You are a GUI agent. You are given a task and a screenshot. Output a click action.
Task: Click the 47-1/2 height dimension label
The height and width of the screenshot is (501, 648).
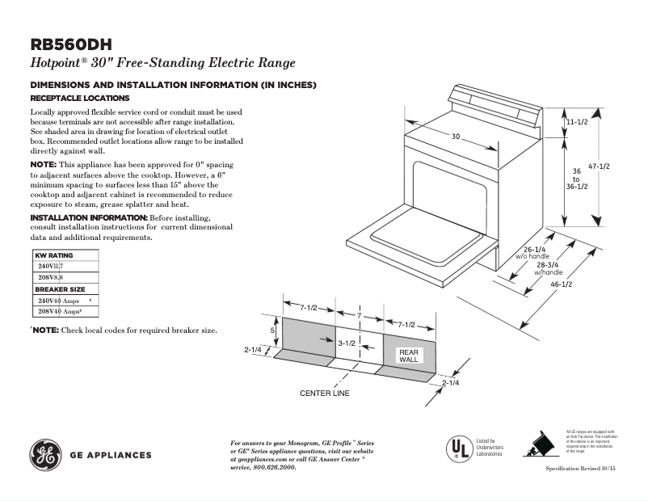(x=599, y=166)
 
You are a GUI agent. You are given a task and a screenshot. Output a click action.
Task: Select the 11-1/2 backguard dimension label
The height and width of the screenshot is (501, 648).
(x=576, y=121)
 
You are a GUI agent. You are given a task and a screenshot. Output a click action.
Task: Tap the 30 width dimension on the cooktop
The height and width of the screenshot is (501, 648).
(x=456, y=137)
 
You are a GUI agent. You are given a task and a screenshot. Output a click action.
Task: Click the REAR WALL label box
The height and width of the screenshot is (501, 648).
(x=409, y=356)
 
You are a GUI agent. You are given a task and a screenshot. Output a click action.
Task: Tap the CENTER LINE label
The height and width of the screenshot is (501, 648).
(x=324, y=394)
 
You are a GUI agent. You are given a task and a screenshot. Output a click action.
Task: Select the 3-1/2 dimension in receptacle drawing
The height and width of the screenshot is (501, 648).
(x=347, y=343)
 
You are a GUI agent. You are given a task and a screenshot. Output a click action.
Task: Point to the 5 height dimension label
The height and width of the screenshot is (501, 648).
(x=272, y=331)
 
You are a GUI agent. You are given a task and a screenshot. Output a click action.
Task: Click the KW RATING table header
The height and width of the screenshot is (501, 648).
(x=54, y=255)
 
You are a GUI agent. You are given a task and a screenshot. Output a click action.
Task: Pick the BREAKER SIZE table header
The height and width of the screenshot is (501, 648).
(x=60, y=289)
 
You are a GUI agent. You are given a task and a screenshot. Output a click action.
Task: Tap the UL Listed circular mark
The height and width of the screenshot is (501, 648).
(x=459, y=448)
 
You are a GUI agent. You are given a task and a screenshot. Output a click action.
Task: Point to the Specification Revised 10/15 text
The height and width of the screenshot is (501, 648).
(x=581, y=469)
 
